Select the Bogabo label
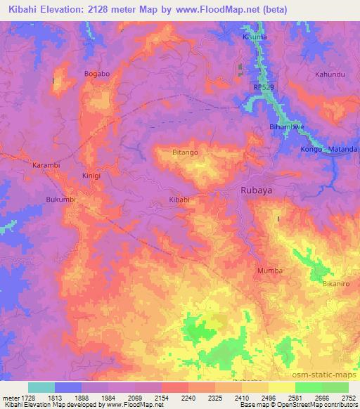tap(97, 73)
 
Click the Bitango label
tap(185, 152)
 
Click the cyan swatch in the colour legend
tap(41, 387)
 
